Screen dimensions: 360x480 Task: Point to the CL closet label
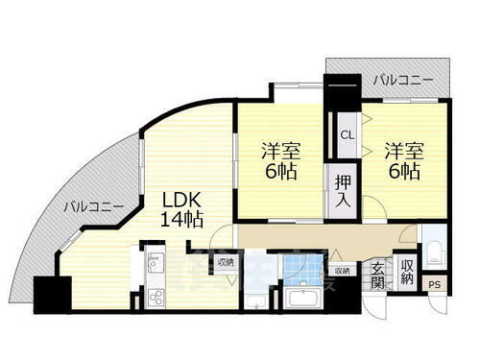[x=346, y=135]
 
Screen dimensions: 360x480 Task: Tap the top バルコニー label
[x=402, y=81]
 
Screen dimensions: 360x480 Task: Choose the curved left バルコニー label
[x=92, y=205]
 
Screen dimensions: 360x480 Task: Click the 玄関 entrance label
[x=379, y=276]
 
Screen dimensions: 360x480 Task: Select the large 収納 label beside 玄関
[x=407, y=273]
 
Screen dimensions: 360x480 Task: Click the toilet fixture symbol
[x=434, y=252]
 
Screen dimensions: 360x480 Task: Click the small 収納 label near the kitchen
[x=226, y=260]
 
